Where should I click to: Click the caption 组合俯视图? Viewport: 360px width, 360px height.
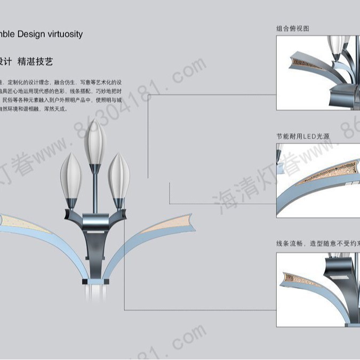click(x=292, y=29)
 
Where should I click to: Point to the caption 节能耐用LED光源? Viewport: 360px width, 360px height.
click(x=302, y=137)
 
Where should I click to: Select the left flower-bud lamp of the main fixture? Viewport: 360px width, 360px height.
click(x=71, y=175)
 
